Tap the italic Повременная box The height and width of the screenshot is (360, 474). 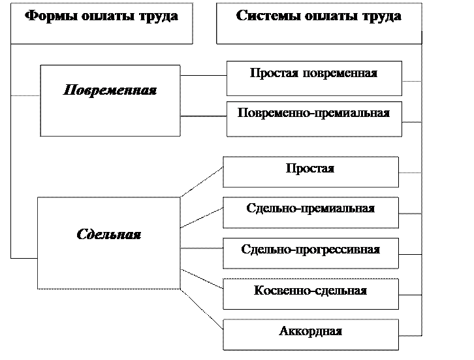(110, 100)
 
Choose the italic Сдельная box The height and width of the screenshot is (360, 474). (108, 243)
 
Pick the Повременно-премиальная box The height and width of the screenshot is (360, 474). (313, 118)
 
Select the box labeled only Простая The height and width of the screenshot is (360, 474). (310, 172)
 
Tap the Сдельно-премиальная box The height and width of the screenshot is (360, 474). (310, 213)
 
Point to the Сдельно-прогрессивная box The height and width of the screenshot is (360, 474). (310, 254)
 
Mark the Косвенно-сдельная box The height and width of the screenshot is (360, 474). (310, 294)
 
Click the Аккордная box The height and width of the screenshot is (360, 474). (310, 335)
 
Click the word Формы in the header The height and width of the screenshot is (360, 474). (48, 16)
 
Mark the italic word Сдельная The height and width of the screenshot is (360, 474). (108, 235)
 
